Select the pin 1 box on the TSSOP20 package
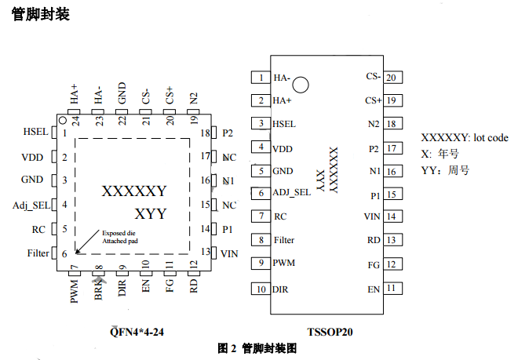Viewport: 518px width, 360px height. tap(259, 78)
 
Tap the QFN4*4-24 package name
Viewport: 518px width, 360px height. tap(137, 332)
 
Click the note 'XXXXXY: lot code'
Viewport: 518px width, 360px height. tap(465, 137)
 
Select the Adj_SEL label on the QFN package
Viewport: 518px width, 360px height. tap(31, 205)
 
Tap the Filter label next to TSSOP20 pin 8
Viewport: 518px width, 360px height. tap(284, 240)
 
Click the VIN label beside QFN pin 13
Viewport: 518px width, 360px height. tap(229, 253)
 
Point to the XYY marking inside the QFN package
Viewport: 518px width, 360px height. tap(150, 213)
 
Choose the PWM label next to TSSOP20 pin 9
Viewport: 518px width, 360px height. tap(283, 263)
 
